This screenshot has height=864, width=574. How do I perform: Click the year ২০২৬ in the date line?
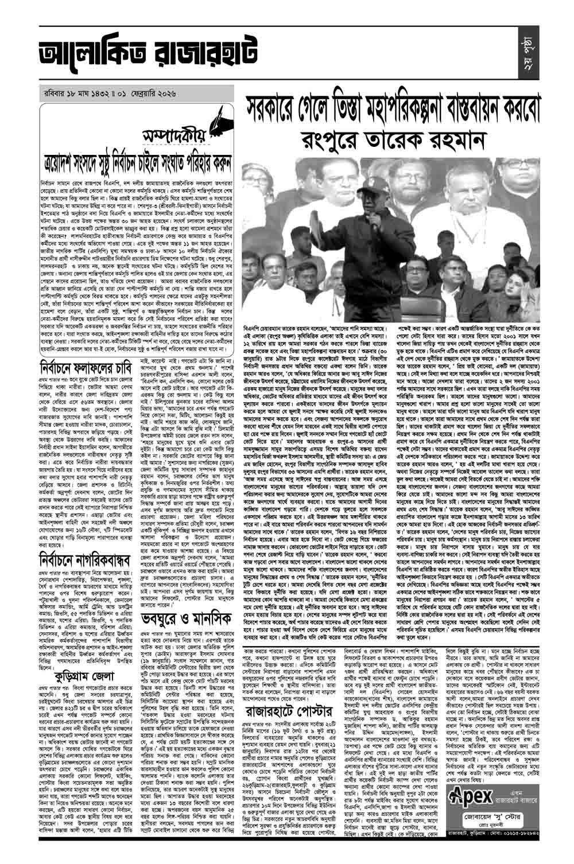pos(173,94)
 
